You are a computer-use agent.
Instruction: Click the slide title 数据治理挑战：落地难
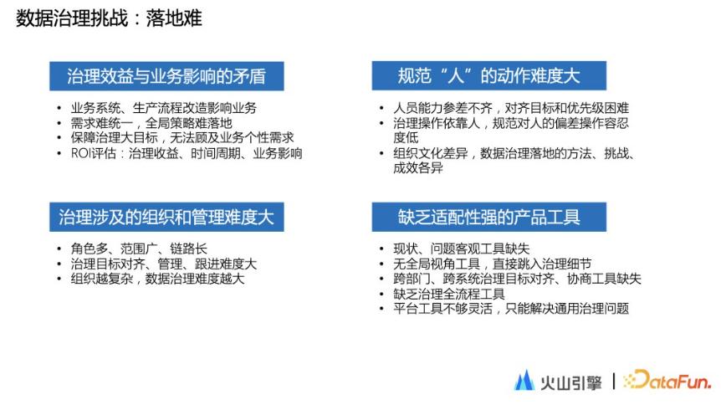(x=109, y=18)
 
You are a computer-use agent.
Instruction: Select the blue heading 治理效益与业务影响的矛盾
(x=166, y=76)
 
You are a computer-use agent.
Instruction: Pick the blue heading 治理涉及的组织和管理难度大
(x=166, y=217)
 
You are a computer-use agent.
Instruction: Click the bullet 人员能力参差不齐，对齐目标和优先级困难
(x=510, y=108)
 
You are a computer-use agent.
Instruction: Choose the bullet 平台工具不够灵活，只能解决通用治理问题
(x=510, y=309)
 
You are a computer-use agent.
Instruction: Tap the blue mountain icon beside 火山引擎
(x=524, y=381)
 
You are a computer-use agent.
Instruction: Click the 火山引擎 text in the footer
(x=570, y=382)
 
